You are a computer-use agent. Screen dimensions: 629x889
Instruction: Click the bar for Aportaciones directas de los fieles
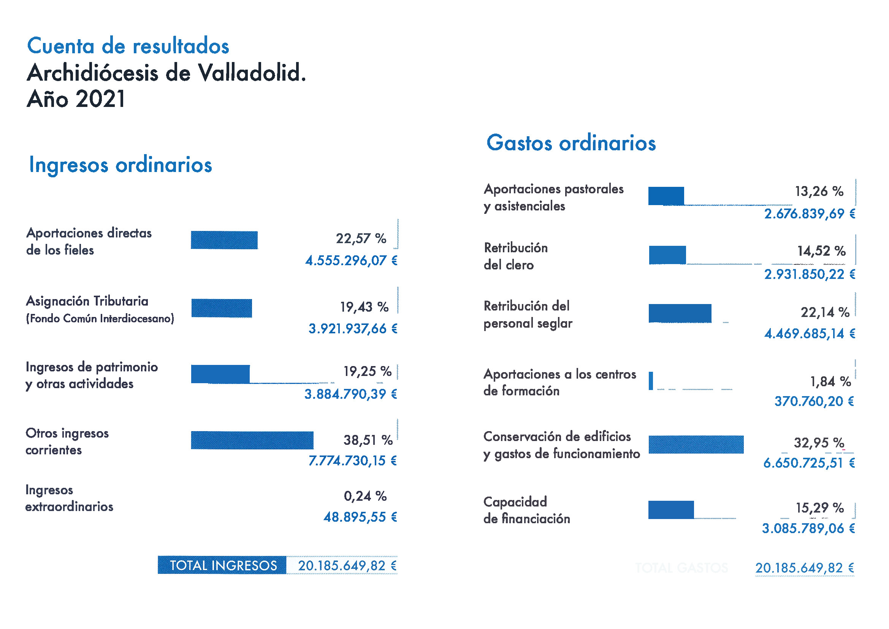(x=224, y=240)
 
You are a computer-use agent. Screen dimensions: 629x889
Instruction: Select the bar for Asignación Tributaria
(x=222, y=308)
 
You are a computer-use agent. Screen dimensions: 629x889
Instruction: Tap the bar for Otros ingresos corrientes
(x=252, y=440)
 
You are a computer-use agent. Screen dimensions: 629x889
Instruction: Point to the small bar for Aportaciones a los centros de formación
(x=651, y=381)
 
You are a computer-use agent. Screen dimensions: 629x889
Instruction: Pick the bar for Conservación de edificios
(x=696, y=444)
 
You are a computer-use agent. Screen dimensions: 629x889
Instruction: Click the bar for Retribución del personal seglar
(x=680, y=313)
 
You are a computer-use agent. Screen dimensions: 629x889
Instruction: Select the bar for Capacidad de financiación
(x=671, y=510)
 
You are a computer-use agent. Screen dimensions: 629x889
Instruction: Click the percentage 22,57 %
(x=361, y=238)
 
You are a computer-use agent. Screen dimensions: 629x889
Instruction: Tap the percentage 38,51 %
(x=368, y=440)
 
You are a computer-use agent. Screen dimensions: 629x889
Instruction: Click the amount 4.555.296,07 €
(x=351, y=260)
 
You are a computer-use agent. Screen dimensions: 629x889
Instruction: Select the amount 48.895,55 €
(x=360, y=517)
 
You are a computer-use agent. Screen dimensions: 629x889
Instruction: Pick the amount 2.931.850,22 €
(x=810, y=274)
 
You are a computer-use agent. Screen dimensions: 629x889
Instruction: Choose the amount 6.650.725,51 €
(x=809, y=463)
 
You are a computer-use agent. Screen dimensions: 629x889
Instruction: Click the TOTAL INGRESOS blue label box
(x=222, y=565)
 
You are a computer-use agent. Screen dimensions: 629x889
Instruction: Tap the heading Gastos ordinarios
(x=571, y=143)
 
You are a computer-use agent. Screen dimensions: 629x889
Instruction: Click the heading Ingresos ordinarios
(x=120, y=165)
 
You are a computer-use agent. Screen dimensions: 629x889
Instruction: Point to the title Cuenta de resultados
(x=128, y=46)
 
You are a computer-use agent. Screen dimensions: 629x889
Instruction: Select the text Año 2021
(x=76, y=99)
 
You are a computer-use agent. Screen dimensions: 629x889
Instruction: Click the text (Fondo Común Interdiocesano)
(x=100, y=318)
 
